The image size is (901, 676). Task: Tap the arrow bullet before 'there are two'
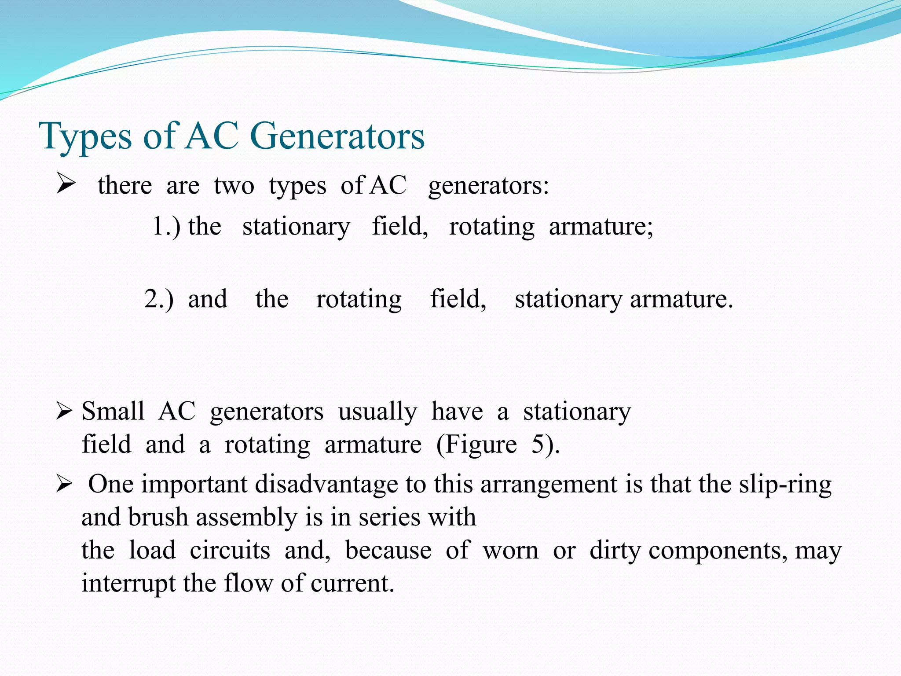66,185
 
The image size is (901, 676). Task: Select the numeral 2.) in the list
159,299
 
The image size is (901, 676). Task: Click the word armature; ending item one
601,227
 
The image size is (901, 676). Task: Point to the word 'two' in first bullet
234,186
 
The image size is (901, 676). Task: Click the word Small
113,411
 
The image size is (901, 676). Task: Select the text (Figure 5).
498,445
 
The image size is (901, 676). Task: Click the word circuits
230,551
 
